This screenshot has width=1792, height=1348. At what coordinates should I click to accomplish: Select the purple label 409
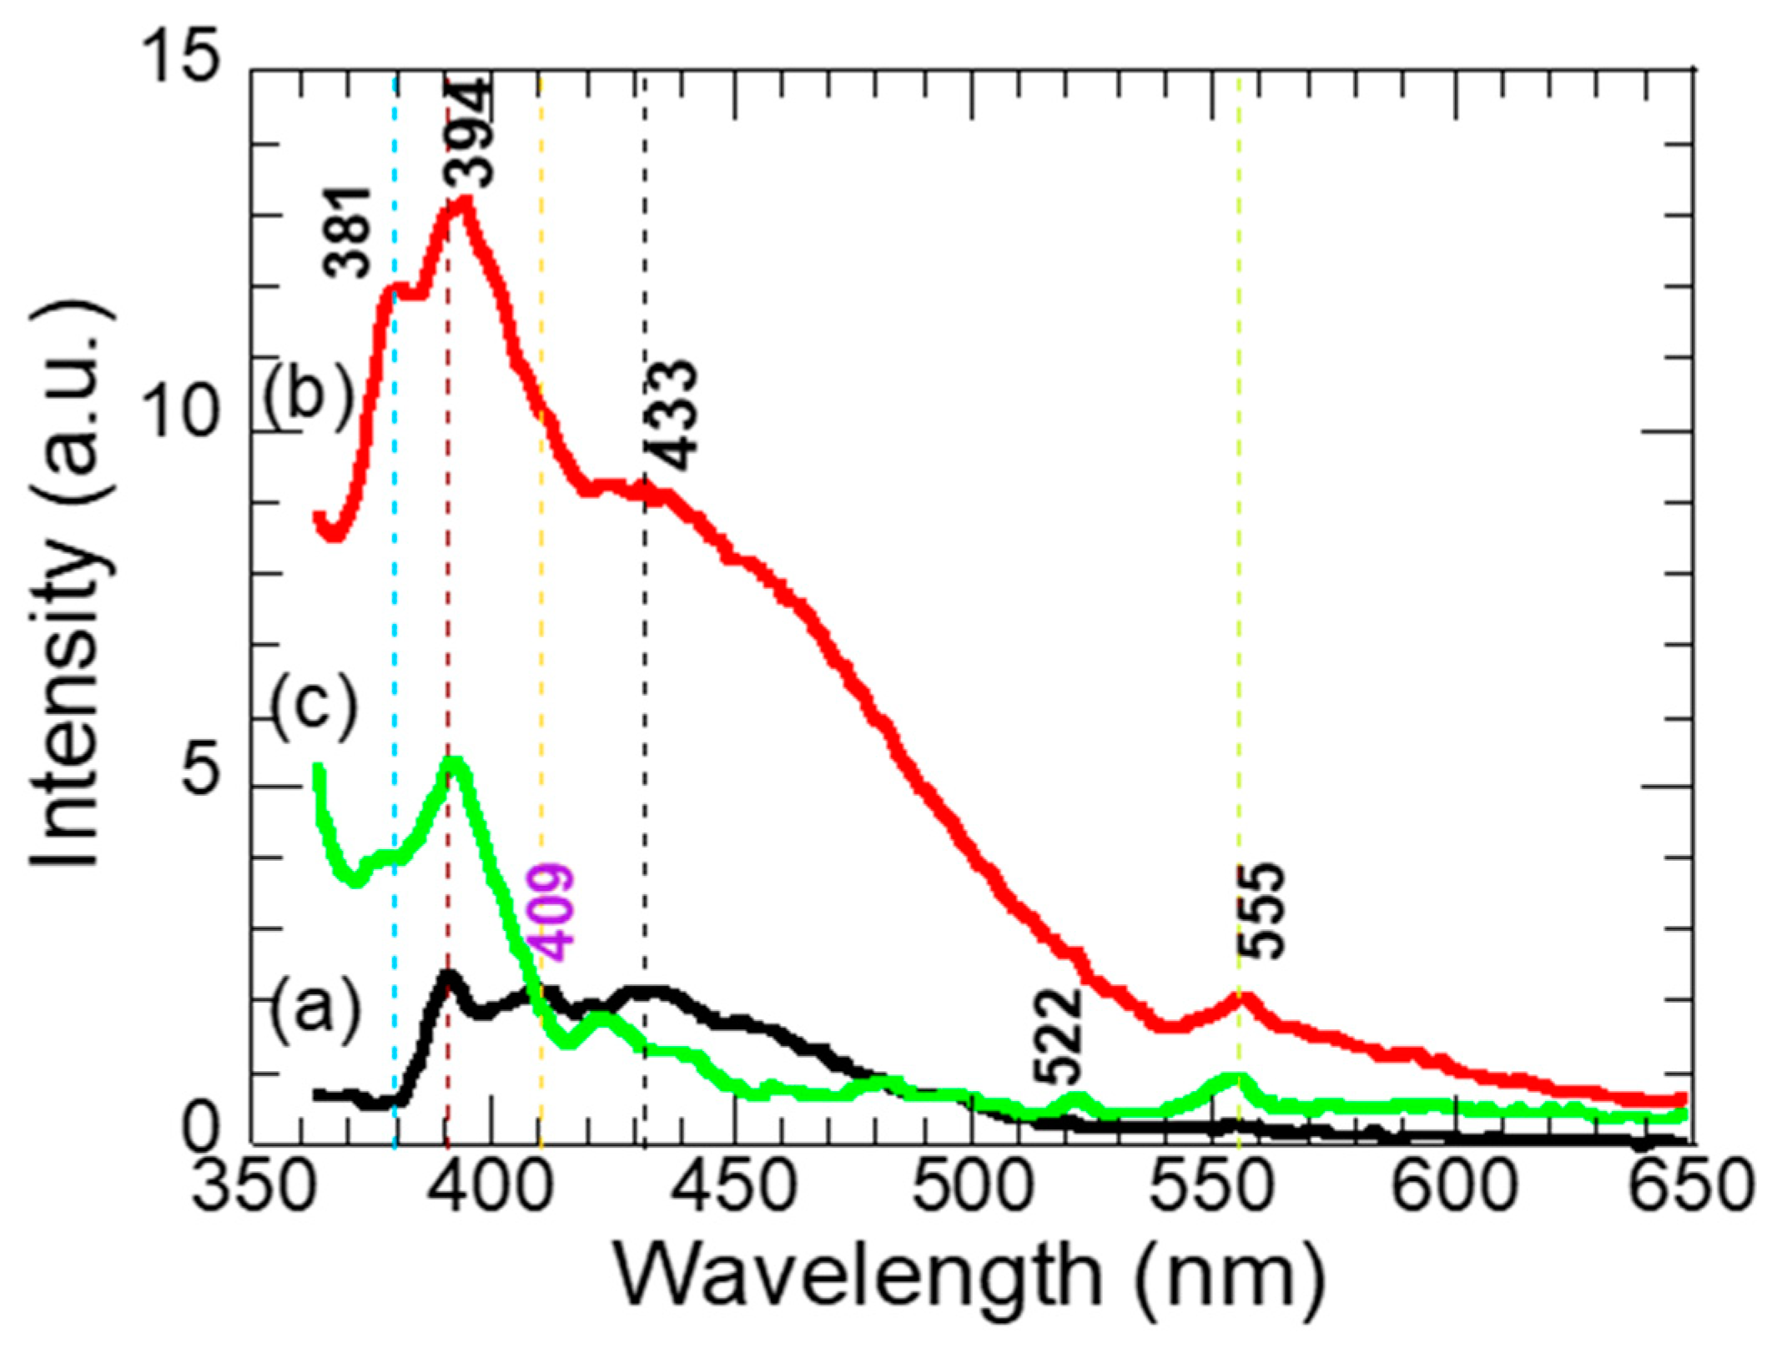click(x=551, y=913)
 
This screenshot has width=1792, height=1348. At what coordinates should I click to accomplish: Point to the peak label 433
click(x=672, y=415)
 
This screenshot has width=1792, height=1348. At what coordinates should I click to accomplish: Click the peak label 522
click(x=1058, y=1034)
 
